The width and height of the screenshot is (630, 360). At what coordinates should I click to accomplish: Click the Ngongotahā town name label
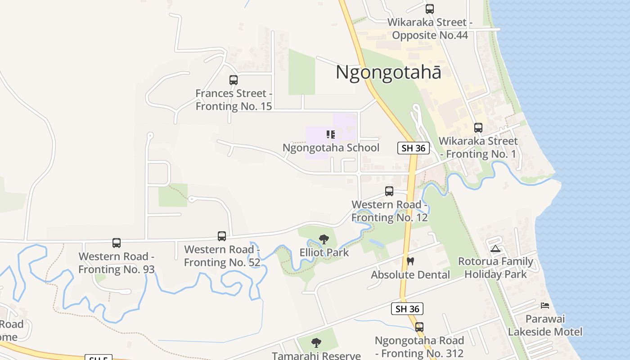[x=388, y=72]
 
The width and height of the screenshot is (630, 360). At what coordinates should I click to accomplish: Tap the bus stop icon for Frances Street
[x=233, y=80]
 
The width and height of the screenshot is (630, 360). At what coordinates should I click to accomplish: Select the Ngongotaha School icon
[x=331, y=135]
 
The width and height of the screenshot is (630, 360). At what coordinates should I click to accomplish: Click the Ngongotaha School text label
[x=331, y=148]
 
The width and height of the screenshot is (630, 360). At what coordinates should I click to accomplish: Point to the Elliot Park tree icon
[x=324, y=239]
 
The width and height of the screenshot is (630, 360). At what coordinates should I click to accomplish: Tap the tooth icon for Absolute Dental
[x=410, y=261]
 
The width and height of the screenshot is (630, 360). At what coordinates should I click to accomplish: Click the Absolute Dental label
[x=410, y=274]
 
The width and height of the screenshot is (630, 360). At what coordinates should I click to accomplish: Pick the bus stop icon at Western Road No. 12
[x=389, y=191]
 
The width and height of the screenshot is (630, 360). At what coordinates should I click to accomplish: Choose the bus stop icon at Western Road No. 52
[x=221, y=236]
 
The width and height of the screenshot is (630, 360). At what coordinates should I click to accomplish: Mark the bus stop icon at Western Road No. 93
[x=117, y=243]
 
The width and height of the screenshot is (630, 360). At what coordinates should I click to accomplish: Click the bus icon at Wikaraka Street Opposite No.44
[x=430, y=9]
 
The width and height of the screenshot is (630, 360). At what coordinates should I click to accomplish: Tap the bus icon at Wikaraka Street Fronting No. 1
[x=478, y=128]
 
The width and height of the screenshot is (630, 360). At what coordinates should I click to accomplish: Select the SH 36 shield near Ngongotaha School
[x=414, y=148]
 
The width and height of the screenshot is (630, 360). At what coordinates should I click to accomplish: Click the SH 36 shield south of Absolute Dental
[x=407, y=309]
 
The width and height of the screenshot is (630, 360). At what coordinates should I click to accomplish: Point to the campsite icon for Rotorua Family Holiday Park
[x=495, y=248]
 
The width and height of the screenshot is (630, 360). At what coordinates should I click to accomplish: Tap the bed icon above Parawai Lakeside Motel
[x=545, y=306]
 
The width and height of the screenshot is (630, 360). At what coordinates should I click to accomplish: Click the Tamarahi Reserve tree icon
[x=316, y=343]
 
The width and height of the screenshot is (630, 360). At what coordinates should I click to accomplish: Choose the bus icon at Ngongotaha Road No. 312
[x=419, y=327]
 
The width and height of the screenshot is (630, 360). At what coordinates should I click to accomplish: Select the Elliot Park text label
[x=324, y=252]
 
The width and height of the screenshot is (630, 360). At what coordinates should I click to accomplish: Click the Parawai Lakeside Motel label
[x=545, y=325]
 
